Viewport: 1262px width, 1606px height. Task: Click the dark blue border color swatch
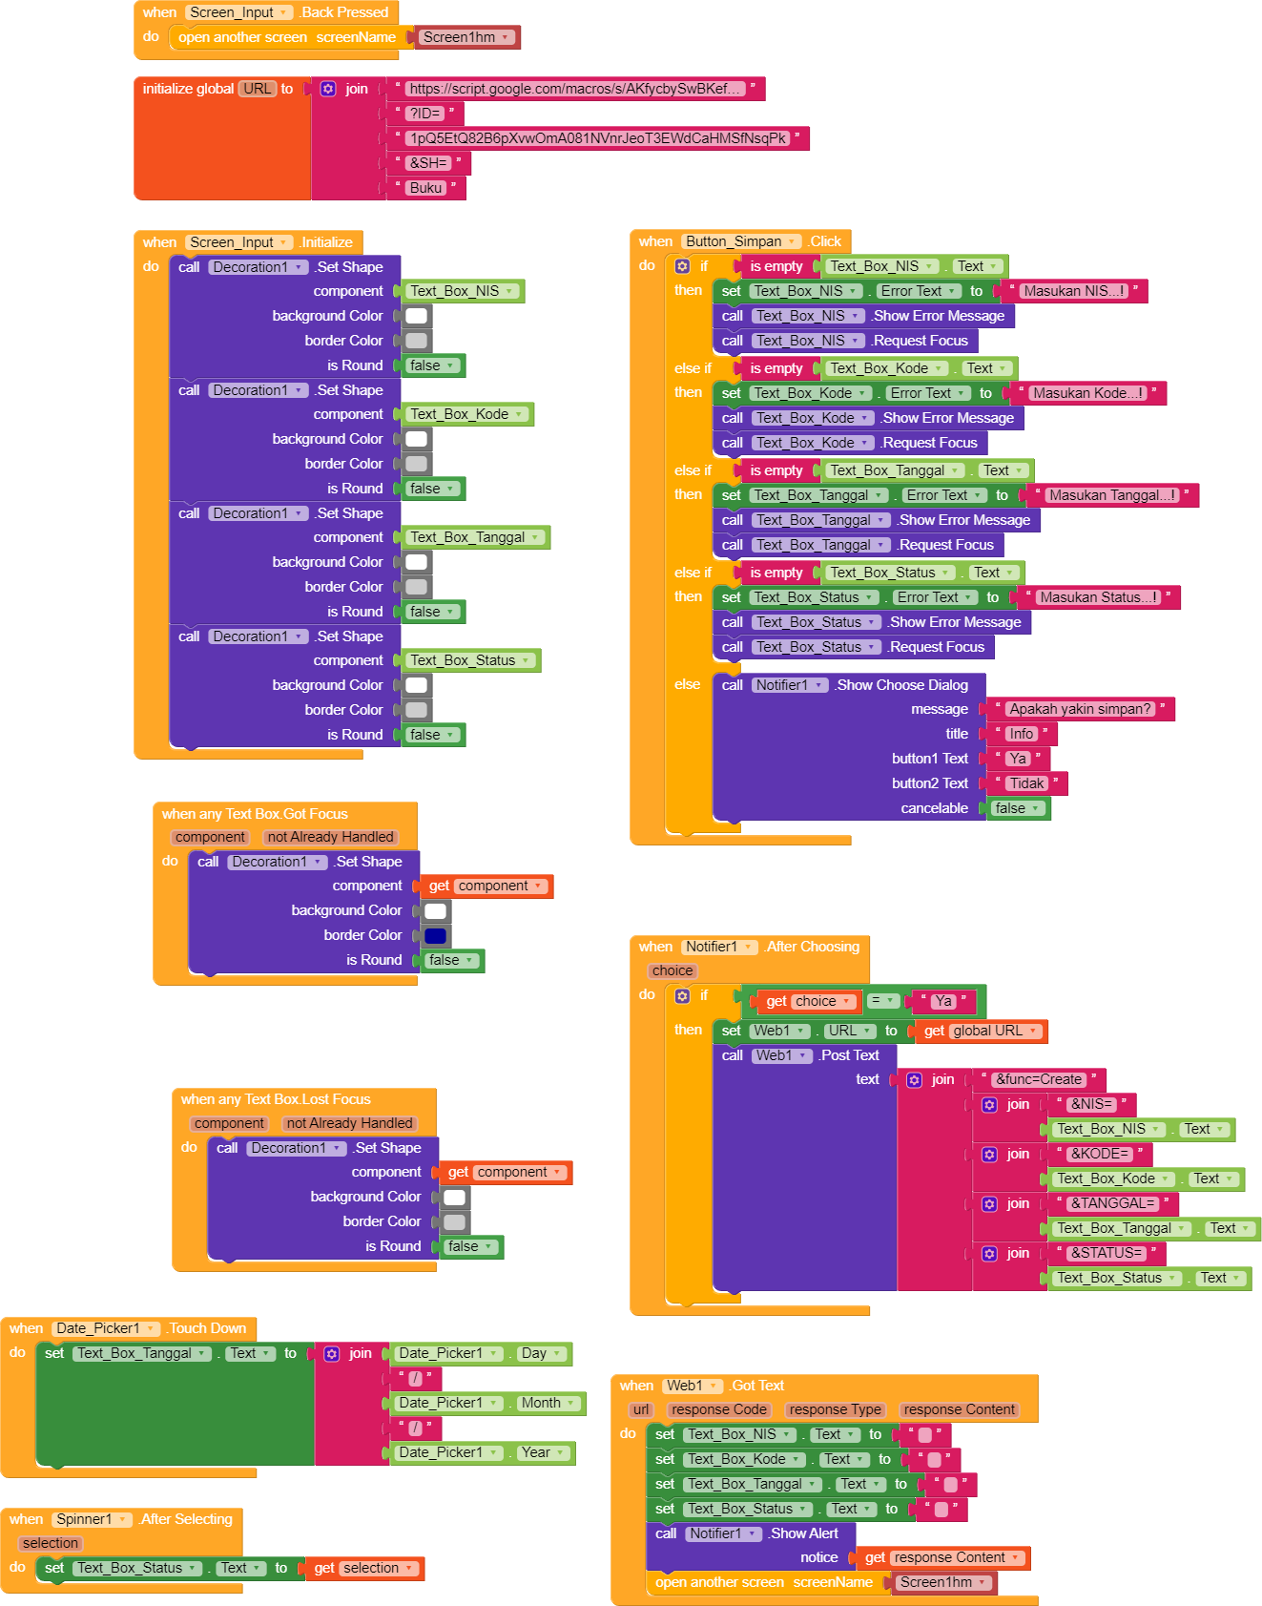(x=435, y=936)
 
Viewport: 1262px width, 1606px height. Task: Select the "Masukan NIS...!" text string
(x=1074, y=291)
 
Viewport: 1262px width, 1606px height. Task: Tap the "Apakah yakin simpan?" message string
(x=1080, y=709)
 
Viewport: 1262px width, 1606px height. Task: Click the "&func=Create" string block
(x=1039, y=1079)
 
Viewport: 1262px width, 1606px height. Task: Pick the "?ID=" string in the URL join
(x=425, y=114)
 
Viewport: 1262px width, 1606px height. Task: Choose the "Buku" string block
(x=425, y=188)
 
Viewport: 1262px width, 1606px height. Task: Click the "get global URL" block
(x=980, y=1031)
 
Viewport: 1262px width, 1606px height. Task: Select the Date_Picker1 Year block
(x=483, y=1452)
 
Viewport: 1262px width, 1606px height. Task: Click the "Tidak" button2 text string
(x=1026, y=783)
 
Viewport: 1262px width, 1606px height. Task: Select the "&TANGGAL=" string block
(x=1112, y=1203)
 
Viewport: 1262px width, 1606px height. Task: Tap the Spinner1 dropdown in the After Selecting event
(x=92, y=1519)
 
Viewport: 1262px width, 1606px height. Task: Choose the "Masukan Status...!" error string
(x=1099, y=597)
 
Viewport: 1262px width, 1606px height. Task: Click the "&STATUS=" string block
(x=1106, y=1253)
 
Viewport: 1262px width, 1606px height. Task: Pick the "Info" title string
(x=1021, y=734)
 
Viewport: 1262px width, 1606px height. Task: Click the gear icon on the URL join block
(x=328, y=89)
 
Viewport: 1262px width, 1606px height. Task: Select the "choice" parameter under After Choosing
(x=672, y=970)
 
